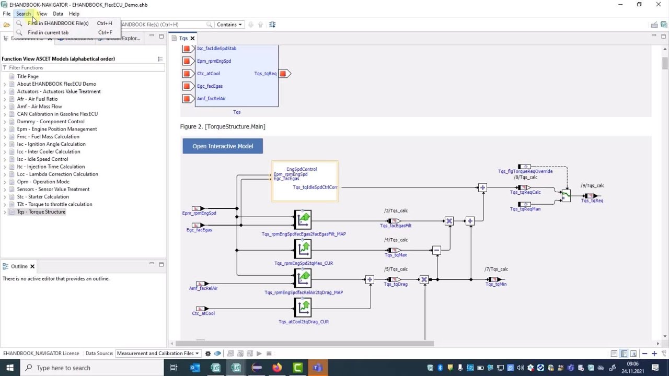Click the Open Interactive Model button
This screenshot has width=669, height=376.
click(223, 146)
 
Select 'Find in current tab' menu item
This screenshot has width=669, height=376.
click(48, 32)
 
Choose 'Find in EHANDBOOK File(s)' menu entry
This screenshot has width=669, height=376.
click(58, 23)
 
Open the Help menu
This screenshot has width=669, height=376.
click(74, 14)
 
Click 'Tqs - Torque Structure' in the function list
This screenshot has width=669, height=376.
click(41, 212)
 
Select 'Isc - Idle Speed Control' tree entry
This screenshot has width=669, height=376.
click(42, 159)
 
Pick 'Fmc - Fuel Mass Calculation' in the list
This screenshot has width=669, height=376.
click(48, 137)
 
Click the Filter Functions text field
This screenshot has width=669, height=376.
click(84, 68)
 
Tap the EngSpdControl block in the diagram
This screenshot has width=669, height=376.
click(305, 181)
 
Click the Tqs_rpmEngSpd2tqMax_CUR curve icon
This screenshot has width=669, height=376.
click(303, 249)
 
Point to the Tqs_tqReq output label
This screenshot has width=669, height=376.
click(592, 201)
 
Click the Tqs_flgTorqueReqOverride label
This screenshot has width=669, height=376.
click(525, 171)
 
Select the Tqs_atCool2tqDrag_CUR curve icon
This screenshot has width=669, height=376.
click(303, 308)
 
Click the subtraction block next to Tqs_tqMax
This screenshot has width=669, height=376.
click(436, 251)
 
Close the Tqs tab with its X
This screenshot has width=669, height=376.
click(192, 38)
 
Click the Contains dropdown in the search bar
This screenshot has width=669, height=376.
click(229, 25)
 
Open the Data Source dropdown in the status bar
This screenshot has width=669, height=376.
click(158, 354)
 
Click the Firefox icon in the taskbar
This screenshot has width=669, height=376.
click(277, 368)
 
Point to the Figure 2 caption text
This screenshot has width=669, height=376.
click(223, 126)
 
